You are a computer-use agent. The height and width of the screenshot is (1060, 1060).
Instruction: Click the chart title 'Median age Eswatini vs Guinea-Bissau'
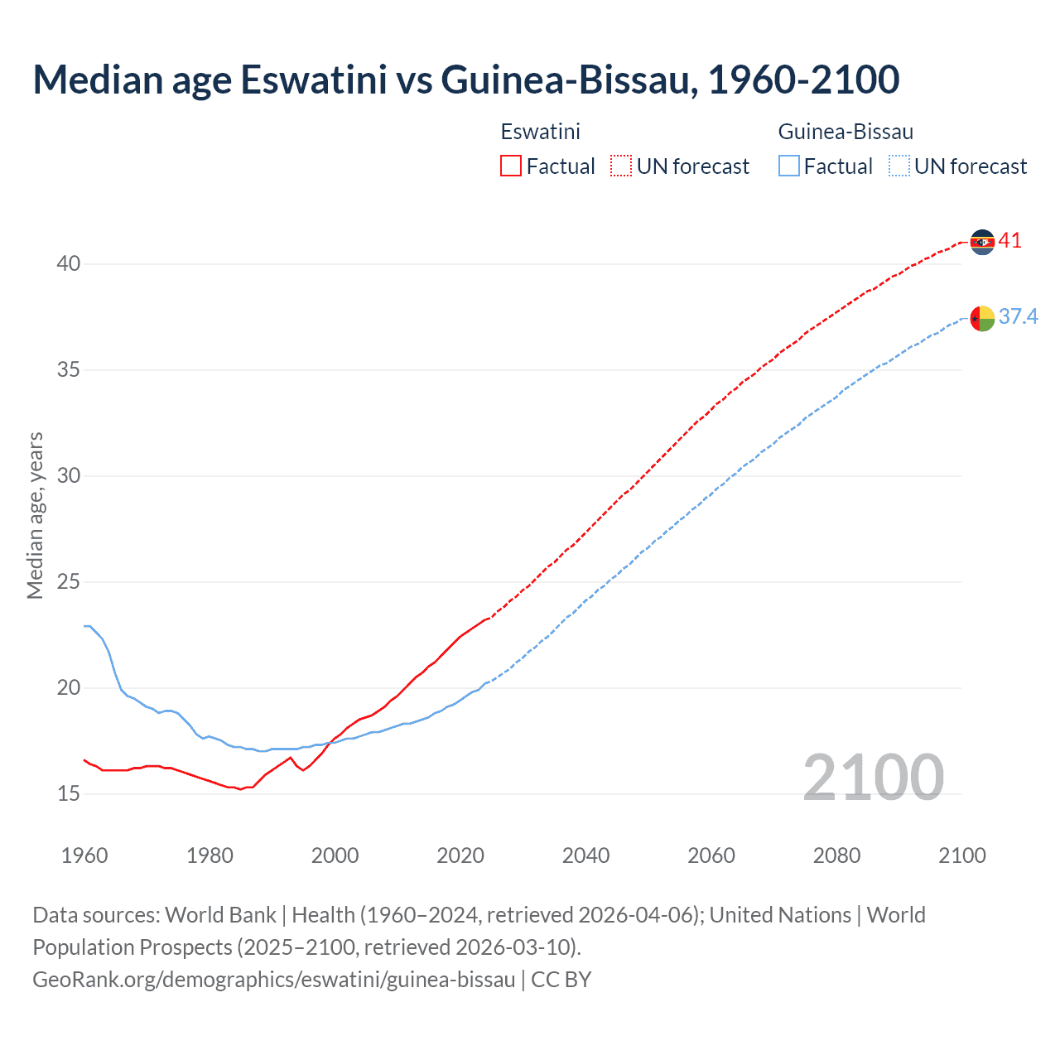click(x=465, y=79)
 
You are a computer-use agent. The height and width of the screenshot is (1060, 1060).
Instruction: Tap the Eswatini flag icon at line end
click(x=982, y=242)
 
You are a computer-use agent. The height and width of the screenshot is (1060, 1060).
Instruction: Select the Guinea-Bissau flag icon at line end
click(x=982, y=318)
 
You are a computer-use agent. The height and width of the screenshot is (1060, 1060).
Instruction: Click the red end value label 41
click(x=1009, y=241)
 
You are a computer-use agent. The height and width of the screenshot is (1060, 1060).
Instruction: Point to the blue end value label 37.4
click(x=1018, y=317)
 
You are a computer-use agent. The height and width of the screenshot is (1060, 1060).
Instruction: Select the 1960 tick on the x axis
click(x=84, y=855)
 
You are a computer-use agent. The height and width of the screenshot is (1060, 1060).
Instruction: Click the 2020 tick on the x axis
click(x=460, y=855)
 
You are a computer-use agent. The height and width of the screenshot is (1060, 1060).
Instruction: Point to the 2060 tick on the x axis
click(x=711, y=855)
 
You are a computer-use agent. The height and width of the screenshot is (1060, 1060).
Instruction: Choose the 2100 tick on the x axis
click(x=962, y=855)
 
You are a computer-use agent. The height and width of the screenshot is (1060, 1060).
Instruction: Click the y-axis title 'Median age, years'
click(x=35, y=515)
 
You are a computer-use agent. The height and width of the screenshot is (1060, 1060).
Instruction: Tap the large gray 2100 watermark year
click(x=873, y=777)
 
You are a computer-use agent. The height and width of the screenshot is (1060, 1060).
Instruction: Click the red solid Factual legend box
click(x=511, y=166)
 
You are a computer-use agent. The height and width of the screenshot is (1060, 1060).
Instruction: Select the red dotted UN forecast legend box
click(x=621, y=166)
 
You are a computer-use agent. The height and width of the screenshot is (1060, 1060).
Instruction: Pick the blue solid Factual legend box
click(x=789, y=166)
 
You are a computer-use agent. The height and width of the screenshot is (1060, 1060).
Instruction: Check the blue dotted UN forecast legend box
click(x=899, y=166)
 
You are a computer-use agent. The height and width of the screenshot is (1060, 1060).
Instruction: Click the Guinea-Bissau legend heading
click(x=846, y=132)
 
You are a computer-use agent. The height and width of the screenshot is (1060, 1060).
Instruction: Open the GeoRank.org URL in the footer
click(x=274, y=980)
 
